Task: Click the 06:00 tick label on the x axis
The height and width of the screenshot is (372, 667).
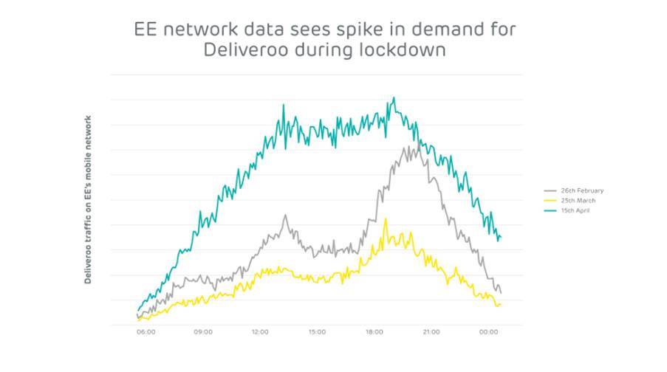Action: coord(146,332)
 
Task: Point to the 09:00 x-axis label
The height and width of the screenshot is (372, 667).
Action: coord(203,332)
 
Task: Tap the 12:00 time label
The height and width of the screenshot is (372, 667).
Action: coord(260,332)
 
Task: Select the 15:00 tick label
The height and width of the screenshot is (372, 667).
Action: coord(317,332)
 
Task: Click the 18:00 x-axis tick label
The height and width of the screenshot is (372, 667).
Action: coord(374,332)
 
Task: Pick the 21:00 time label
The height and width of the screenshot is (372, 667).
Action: coord(431,332)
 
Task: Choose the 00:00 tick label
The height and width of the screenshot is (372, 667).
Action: coord(489,332)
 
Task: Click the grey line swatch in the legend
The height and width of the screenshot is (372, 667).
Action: coord(550,190)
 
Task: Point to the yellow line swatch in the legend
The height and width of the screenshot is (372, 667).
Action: coord(550,200)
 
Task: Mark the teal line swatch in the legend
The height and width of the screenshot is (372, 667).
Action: coord(550,210)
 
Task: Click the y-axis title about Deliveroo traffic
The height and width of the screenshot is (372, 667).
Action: coord(88,199)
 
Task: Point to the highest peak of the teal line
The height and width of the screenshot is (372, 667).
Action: coord(394,97)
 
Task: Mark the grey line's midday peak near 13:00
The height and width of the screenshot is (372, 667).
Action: coord(285,216)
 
